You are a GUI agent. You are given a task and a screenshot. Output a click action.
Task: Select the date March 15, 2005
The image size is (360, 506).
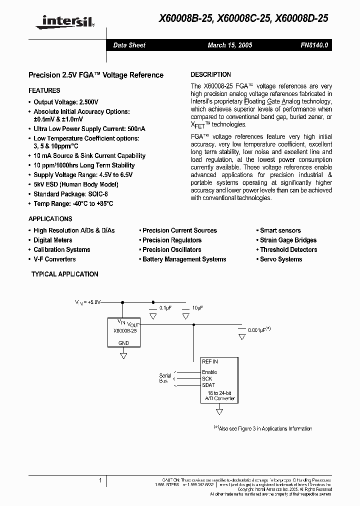click(230, 45)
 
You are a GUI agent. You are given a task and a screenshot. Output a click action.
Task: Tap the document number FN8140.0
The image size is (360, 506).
click(314, 45)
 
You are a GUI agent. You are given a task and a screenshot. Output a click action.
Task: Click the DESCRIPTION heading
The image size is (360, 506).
click(211, 74)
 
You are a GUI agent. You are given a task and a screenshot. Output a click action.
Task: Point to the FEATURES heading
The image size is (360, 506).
click(44, 90)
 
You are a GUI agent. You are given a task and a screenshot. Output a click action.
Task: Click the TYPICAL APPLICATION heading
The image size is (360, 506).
click(65, 274)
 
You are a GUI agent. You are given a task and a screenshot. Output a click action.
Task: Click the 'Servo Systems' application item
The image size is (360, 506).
click(281, 259)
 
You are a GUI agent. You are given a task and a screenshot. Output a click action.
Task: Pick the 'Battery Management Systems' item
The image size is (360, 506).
click(184, 259)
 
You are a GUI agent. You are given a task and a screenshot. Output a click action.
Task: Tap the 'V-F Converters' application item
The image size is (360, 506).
click(54, 259)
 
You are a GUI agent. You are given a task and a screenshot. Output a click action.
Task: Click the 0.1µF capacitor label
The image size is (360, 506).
click(165, 308)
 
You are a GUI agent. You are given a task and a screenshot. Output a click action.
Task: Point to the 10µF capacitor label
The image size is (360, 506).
click(197, 308)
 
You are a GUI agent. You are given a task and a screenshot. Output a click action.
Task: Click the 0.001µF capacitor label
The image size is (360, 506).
click(259, 330)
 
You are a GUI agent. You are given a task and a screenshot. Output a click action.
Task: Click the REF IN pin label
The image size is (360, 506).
click(210, 361)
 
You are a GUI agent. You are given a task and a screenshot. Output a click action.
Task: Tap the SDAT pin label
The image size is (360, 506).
click(208, 384)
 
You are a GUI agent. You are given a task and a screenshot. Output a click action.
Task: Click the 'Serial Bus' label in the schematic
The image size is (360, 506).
click(165, 378)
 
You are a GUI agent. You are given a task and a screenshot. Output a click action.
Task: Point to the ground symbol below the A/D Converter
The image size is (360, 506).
click(219, 411)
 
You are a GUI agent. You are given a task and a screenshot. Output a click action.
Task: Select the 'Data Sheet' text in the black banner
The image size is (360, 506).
click(129, 45)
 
